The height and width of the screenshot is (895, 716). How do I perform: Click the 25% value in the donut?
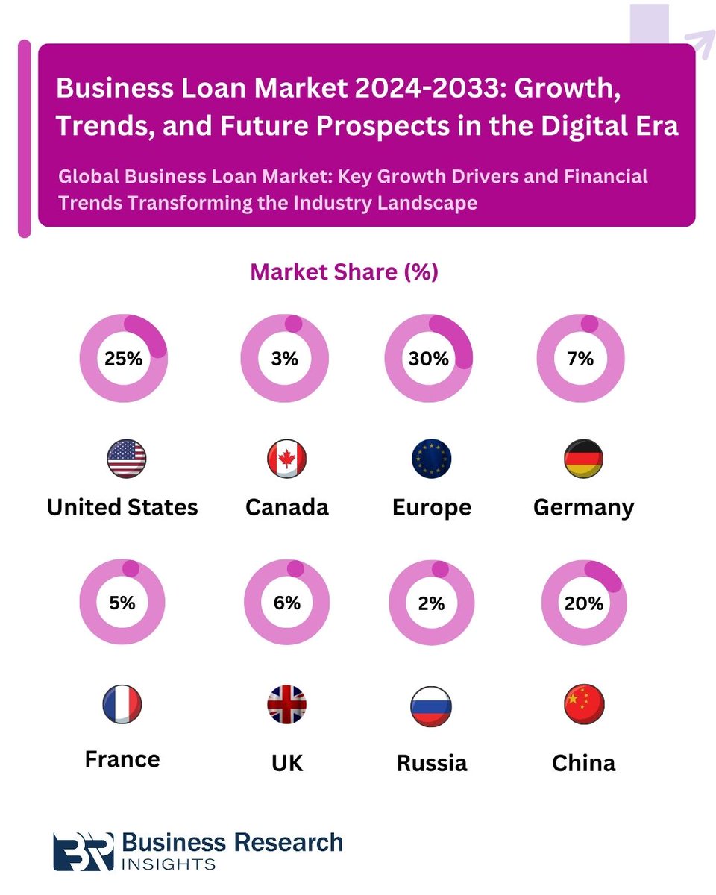[123, 359]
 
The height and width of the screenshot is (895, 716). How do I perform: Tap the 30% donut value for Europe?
[429, 359]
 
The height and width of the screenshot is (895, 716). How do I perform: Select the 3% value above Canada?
[284, 359]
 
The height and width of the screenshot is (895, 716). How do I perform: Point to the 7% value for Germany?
[580, 359]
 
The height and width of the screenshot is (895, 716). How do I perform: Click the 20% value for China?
[584, 603]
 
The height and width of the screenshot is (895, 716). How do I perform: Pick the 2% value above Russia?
[432, 603]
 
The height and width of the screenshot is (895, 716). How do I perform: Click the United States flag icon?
[127, 459]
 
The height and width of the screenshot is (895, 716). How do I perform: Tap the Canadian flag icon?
[287, 459]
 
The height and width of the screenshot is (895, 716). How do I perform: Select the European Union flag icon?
[431, 459]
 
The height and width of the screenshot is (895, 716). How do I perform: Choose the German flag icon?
[583, 459]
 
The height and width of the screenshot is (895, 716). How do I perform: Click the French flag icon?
[122, 704]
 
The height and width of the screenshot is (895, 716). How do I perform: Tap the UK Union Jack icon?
[287, 704]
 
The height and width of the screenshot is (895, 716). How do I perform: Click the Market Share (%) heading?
[344, 272]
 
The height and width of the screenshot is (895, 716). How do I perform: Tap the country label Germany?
[583, 508]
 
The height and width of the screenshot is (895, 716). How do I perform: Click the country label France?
[122, 759]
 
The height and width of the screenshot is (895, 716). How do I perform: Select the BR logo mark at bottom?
[84, 851]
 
